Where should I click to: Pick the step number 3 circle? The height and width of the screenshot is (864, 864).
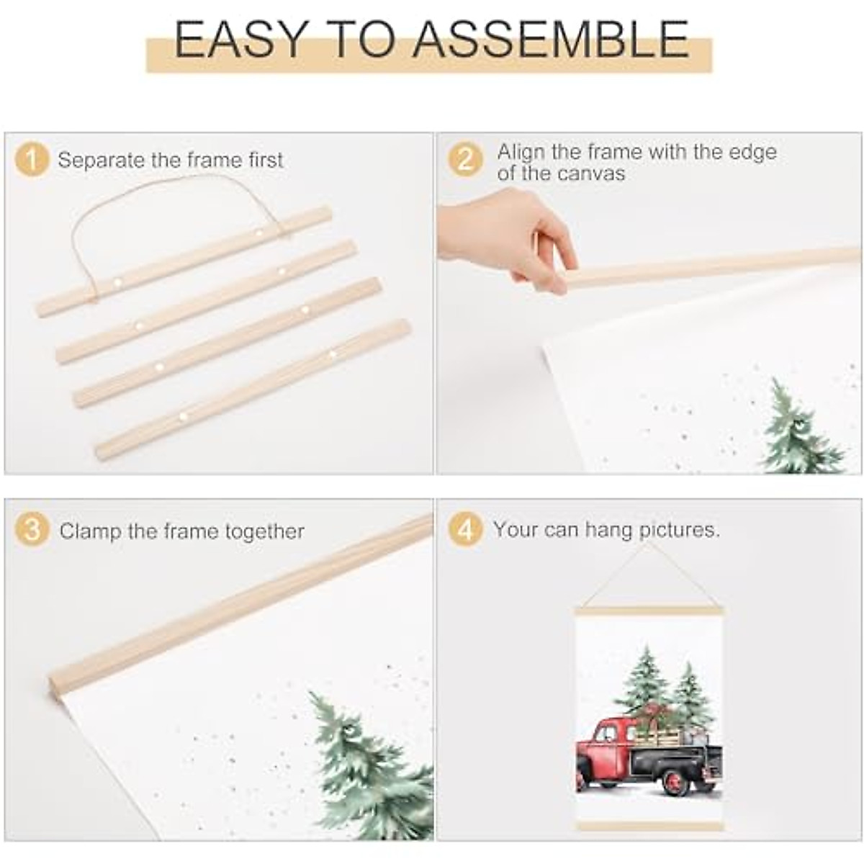click(32, 531)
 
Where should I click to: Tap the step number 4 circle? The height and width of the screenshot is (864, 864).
click(465, 531)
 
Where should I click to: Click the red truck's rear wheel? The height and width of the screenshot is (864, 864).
click(675, 782)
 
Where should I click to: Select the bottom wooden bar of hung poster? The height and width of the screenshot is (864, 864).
click(649, 825)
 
